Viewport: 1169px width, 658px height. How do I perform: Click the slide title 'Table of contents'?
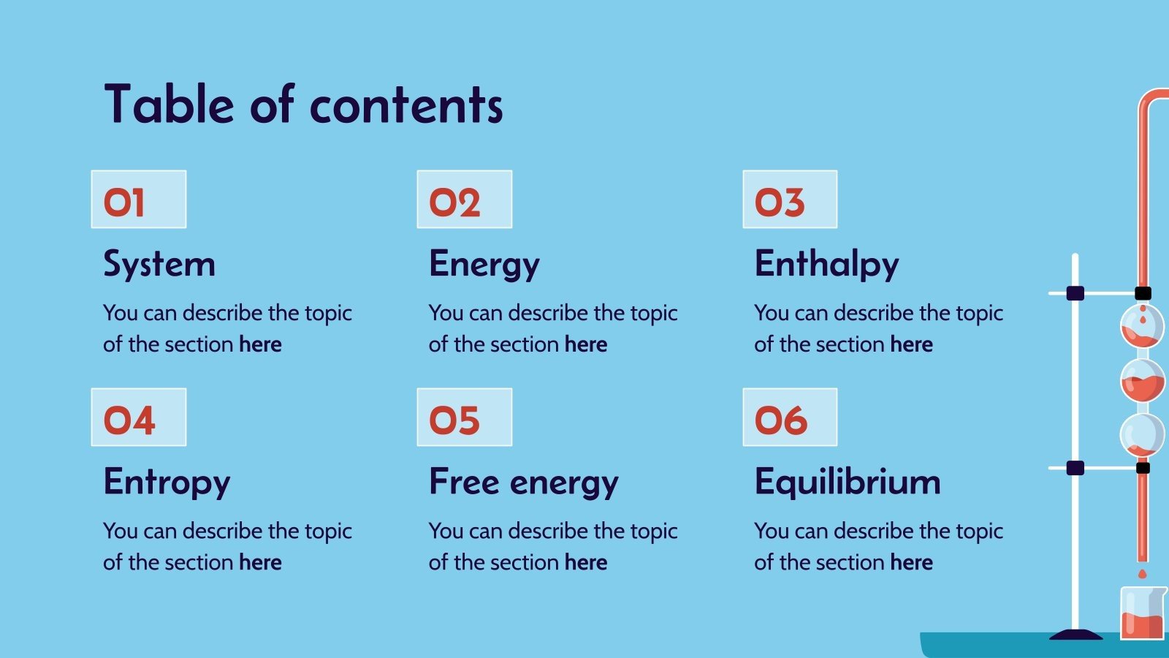303,104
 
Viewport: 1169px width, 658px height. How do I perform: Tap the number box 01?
139,200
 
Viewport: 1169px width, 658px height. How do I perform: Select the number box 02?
464,200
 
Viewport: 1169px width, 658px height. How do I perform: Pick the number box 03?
790,200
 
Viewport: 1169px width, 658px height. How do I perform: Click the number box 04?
139,417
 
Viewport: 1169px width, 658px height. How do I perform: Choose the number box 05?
464,417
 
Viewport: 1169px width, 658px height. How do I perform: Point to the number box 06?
790,417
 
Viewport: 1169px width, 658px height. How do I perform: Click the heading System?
159,264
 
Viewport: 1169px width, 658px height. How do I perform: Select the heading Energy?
484,264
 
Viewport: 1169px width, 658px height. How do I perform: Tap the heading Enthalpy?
826,264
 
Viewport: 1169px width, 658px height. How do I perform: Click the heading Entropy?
167,482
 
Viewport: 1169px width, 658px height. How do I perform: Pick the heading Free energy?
524,482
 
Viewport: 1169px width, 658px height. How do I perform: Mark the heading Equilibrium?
848,482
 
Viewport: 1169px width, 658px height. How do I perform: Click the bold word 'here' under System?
260,344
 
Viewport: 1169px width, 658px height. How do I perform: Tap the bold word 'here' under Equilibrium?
912,562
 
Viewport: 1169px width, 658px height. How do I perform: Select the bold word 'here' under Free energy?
586,562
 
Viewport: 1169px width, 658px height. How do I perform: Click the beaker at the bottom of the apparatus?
1142,614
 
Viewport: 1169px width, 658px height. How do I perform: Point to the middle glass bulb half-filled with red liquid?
1143,381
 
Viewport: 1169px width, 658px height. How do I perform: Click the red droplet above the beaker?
1143,574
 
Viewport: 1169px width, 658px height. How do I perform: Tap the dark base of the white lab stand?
1075,635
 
